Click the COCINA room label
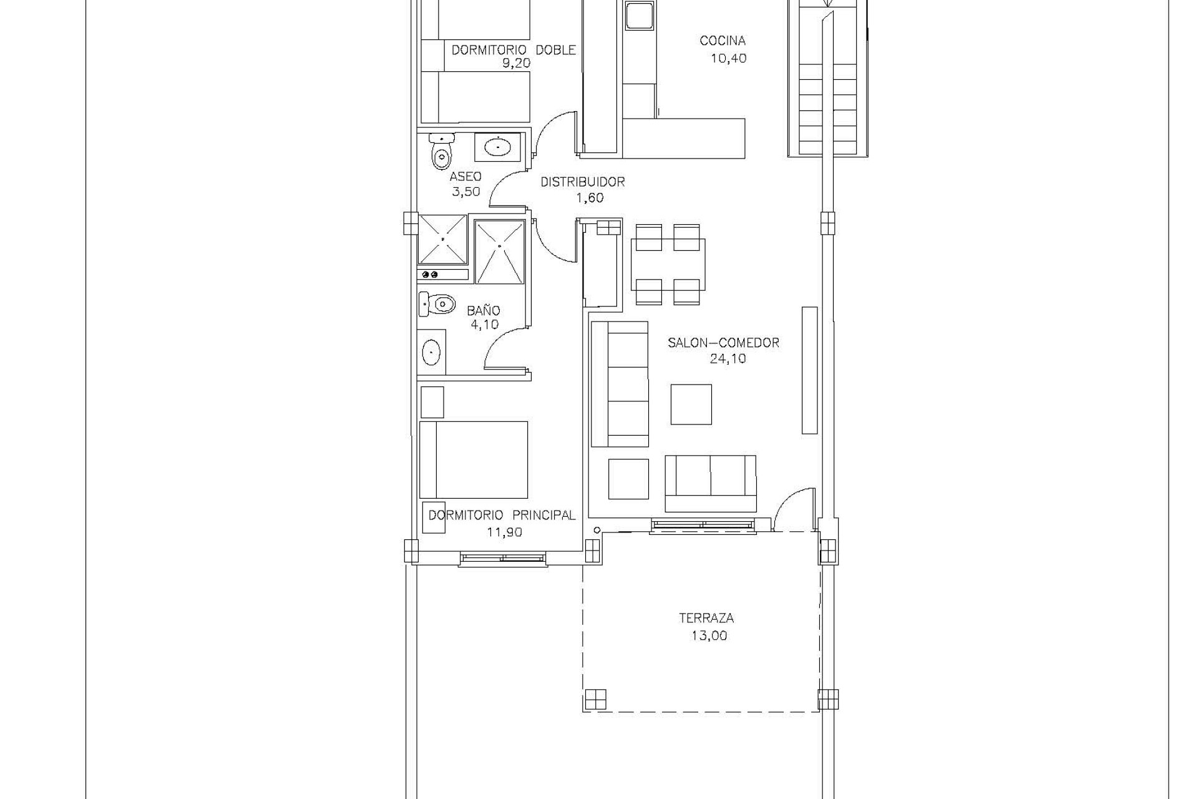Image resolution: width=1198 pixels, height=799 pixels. pos(723,41)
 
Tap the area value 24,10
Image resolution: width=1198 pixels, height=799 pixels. pos(728,358)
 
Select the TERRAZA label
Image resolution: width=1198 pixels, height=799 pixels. pos(706,618)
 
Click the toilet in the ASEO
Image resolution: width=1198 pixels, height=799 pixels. pos(441,152)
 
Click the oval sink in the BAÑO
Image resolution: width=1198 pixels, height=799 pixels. pos(431,353)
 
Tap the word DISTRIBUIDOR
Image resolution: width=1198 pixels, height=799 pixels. pos(583,182)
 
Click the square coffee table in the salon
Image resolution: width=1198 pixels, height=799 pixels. pos(691,404)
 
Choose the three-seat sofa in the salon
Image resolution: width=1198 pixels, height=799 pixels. pos(620,384)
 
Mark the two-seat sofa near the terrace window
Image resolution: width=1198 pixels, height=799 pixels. pos(711,483)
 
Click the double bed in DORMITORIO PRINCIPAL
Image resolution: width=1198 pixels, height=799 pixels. pos(474,460)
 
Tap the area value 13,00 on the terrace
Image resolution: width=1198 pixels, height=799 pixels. pos(709,636)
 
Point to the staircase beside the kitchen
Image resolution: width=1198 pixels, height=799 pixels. pos(827,78)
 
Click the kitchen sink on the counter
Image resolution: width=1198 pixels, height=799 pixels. pos(639,14)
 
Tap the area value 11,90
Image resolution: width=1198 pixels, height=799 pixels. pos(504,532)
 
